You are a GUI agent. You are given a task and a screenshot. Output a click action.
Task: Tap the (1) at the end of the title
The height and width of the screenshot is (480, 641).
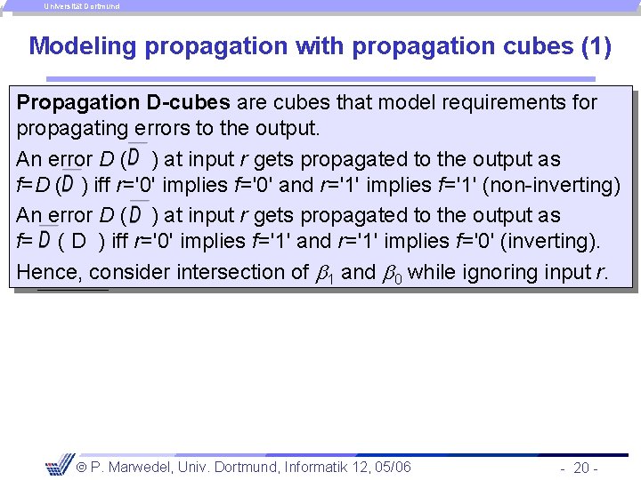tap(596, 46)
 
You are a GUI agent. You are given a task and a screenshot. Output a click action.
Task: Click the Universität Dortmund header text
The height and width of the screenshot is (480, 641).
tap(82, 6)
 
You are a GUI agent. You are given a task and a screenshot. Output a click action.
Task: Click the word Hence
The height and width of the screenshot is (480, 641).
tap(48, 271)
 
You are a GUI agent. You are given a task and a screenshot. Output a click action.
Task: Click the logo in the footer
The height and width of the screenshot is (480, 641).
tap(60, 467)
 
